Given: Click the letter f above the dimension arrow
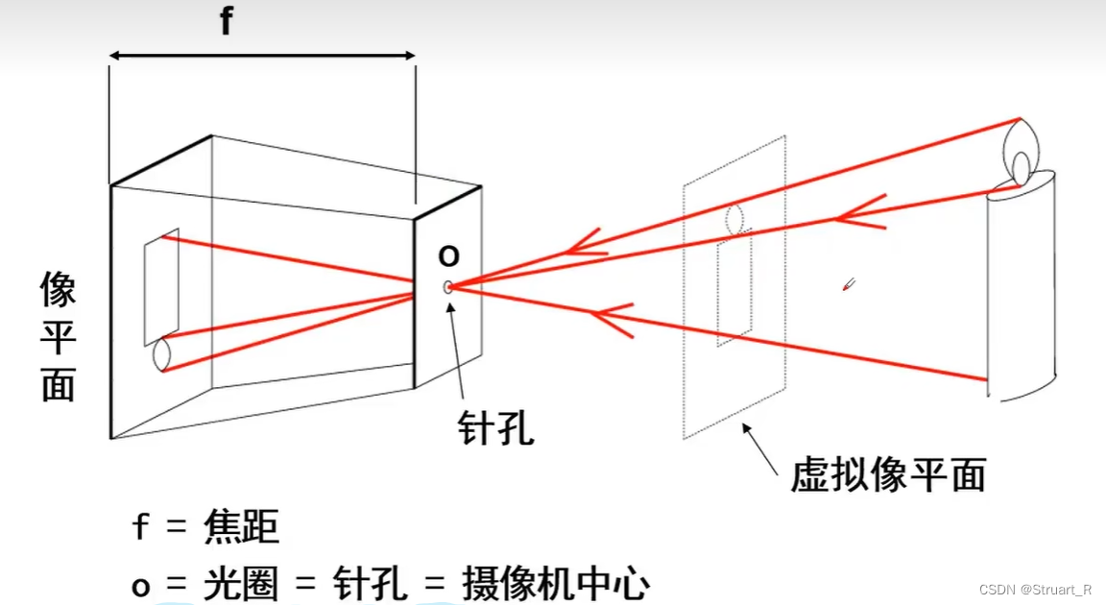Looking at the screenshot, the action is tap(226, 20).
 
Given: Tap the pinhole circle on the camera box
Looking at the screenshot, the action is tap(448, 285).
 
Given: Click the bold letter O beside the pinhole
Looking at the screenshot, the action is tap(448, 255).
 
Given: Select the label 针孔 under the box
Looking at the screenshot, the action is tap(494, 426).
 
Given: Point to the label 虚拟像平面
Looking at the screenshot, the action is tap(888, 474).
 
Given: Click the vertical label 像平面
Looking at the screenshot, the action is tap(59, 335).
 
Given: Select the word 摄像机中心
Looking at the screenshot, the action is tap(556, 583).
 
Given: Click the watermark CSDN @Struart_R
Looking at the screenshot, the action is tap(1035, 589).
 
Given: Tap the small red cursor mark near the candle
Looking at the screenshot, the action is tap(849, 283).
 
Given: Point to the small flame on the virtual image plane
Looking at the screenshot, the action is tap(736, 218).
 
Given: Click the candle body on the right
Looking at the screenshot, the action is tap(1022, 288).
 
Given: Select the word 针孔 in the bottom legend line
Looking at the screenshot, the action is tap(364, 583).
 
